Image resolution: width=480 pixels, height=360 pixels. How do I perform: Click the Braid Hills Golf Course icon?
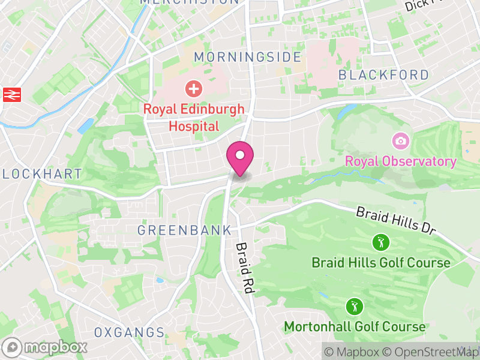[380, 243]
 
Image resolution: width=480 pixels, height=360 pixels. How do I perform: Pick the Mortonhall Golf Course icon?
[354, 307]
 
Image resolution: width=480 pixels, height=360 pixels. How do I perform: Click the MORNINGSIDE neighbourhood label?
[247, 57]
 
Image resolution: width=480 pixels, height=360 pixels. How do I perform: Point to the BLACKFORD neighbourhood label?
[383, 75]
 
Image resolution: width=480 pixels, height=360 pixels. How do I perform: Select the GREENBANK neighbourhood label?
[184, 230]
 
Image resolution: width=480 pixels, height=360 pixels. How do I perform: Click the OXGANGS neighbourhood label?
[129, 332]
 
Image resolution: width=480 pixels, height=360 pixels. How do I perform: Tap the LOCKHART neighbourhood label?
[41, 174]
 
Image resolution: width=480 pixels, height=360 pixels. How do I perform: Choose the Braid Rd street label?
[243, 268]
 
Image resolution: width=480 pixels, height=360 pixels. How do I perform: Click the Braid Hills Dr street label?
[394, 221]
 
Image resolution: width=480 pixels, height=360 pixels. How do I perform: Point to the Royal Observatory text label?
[401, 161]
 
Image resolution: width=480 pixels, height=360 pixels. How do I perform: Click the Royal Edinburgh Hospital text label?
[194, 118]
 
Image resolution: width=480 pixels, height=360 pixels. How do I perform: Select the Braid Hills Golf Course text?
[380, 263]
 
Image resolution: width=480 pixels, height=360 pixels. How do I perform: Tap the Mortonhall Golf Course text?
[354, 327]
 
